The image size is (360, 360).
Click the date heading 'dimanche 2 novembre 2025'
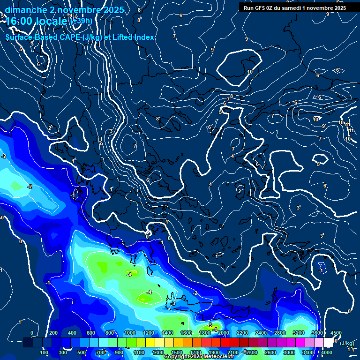64,10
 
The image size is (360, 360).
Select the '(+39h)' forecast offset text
81,21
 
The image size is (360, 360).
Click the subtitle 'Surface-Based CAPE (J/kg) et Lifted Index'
80,37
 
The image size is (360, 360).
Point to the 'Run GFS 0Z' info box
294,7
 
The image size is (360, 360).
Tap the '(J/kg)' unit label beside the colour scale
347,343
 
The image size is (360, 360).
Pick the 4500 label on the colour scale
336,333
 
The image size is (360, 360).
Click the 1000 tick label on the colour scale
130,333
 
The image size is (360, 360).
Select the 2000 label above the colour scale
224,333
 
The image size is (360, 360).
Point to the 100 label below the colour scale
45,352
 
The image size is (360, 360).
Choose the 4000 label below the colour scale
327,352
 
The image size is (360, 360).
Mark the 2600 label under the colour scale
270,352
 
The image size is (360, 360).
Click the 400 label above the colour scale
72,333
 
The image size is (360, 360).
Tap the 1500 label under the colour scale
177,352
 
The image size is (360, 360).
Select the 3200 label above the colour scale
299,333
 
